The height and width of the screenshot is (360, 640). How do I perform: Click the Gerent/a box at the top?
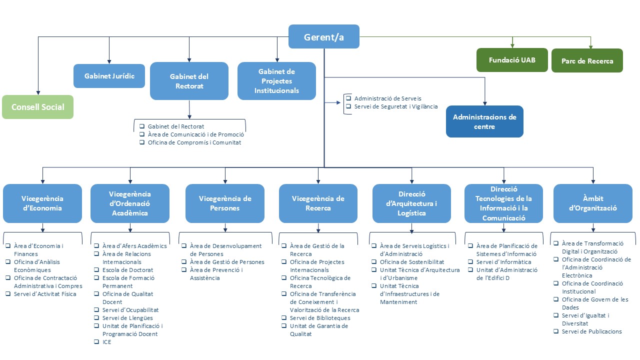coord(324,36)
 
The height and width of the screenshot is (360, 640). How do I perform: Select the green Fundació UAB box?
coord(512,60)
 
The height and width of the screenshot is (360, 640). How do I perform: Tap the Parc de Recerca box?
coord(587,61)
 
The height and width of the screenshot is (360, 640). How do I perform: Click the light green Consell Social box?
coord(37,107)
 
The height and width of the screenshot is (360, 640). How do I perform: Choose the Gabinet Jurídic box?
coord(109,76)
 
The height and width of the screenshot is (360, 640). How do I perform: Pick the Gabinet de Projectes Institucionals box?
coord(276,81)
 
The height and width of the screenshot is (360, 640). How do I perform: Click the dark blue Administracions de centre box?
coord(484,121)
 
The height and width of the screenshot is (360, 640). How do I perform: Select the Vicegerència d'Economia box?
coord(42,203)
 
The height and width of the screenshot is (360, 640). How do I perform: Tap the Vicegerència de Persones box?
coord(225,203)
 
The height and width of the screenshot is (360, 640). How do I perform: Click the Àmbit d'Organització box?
coord(593,203)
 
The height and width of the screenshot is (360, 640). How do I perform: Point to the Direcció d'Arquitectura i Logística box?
coord(411,203)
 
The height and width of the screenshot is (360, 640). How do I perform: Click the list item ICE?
coord(106,342)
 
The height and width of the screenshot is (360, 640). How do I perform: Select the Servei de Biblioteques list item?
coord(320,318)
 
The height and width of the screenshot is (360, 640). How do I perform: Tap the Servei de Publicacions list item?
coord(591,331)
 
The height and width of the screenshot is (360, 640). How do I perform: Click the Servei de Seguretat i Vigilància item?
coord(395,106)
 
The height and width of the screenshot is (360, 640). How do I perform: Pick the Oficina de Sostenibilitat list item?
coord(411,262)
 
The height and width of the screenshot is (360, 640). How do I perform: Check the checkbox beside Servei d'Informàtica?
coord(470,262)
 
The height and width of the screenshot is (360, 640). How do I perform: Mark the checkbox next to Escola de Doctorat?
coord(96,270)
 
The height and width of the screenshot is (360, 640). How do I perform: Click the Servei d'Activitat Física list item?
coord(45,294)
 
